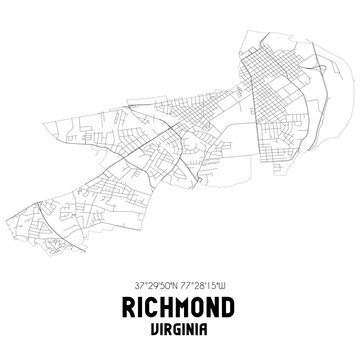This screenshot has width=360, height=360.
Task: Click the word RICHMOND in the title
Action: pyautogui.click(x=180, y=305)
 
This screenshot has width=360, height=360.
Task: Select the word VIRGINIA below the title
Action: pyautogui.click(x=180, y=328)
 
